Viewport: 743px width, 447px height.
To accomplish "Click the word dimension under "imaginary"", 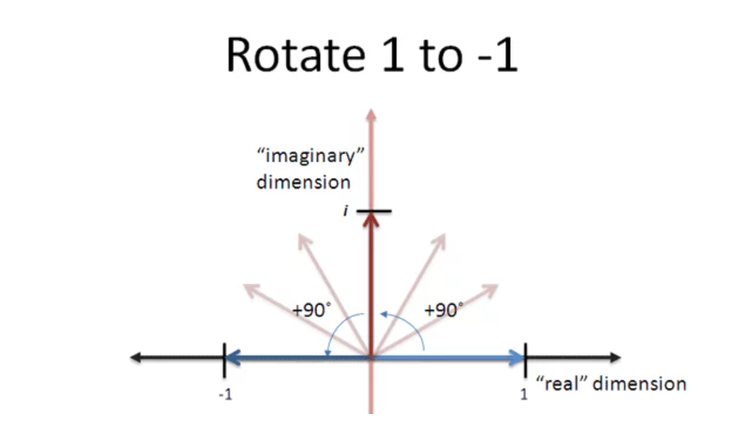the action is [x=303, y=182].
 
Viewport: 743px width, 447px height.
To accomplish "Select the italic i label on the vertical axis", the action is [x=346, y=211].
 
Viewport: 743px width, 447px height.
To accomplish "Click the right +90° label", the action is [x=444, y=309].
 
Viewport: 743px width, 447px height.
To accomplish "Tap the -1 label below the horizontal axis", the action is [x=224, y=394].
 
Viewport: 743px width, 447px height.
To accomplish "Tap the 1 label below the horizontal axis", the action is [x=524, y=394].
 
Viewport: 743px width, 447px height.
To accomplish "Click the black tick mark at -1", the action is [x=225, y=358].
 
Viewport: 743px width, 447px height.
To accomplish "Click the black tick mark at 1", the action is [x=525, y=358].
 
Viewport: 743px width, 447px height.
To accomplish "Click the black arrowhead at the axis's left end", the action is [x=136, y=358].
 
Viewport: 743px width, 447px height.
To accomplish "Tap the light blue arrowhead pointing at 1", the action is [x=516, y=358].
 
